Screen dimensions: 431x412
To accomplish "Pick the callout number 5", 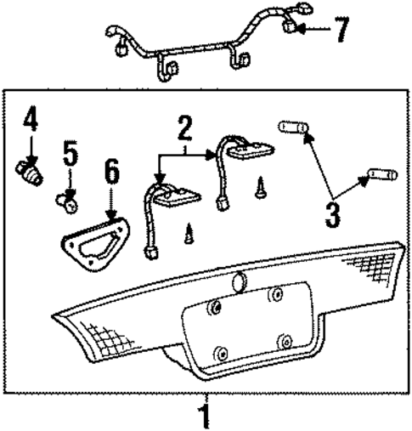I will click(70, 156).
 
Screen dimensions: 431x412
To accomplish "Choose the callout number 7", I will click(341, 31).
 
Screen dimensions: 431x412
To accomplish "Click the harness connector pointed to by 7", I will click(293, 28).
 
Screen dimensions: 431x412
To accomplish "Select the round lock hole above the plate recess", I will click(239, 278).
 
